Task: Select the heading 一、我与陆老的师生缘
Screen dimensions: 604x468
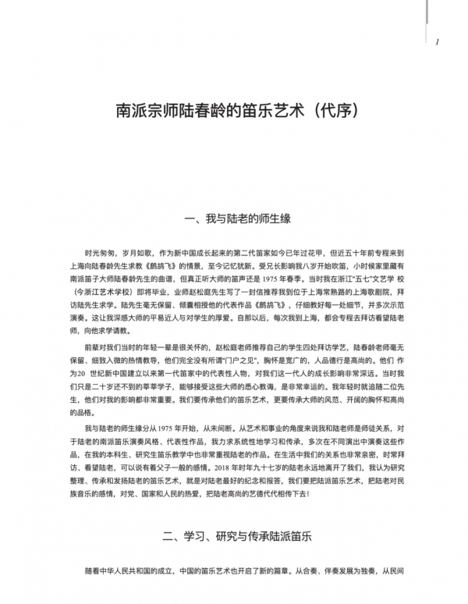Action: click(x=234, y=219)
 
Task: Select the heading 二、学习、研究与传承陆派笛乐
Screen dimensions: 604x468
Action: click(x=234, y=538)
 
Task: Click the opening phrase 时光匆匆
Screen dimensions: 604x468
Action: click(x=98, y=254)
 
